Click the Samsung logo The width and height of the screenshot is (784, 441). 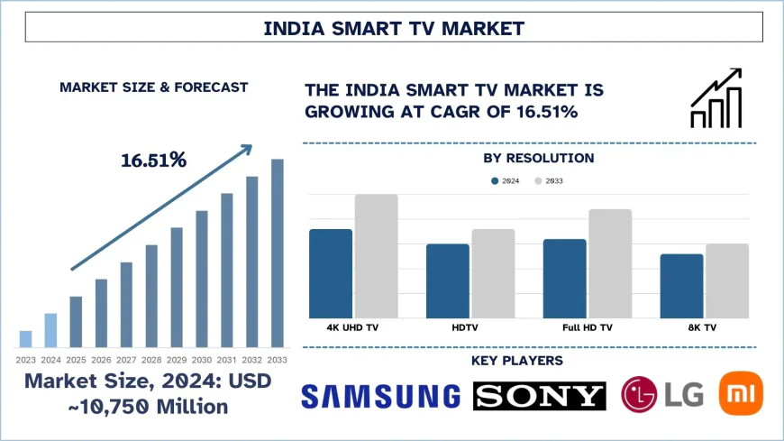[x=381, y=396]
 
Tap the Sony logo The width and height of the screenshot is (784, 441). [x=540, y=396]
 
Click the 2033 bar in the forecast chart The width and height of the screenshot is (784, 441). [x=278, y=253]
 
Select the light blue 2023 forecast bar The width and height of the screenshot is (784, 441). [x=25, y=338]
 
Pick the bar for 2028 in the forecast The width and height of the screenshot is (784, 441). [x=151, y=296]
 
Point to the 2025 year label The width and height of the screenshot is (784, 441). [x=76, y=359]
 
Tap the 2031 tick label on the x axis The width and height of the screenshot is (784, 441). [x=227, y=359]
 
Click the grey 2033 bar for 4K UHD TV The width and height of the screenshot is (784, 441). [x=376, y=256]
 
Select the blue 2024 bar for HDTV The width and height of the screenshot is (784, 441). [x=447, y=280]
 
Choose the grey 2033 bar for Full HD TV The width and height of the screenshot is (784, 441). [x=610, y=263]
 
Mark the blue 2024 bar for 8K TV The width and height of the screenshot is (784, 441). [x=681, y=286]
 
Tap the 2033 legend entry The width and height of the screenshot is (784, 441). [x=549, y=181]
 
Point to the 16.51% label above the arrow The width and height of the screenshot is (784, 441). [x=153, y=161]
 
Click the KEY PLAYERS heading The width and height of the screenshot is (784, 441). [x=517, y=361]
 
